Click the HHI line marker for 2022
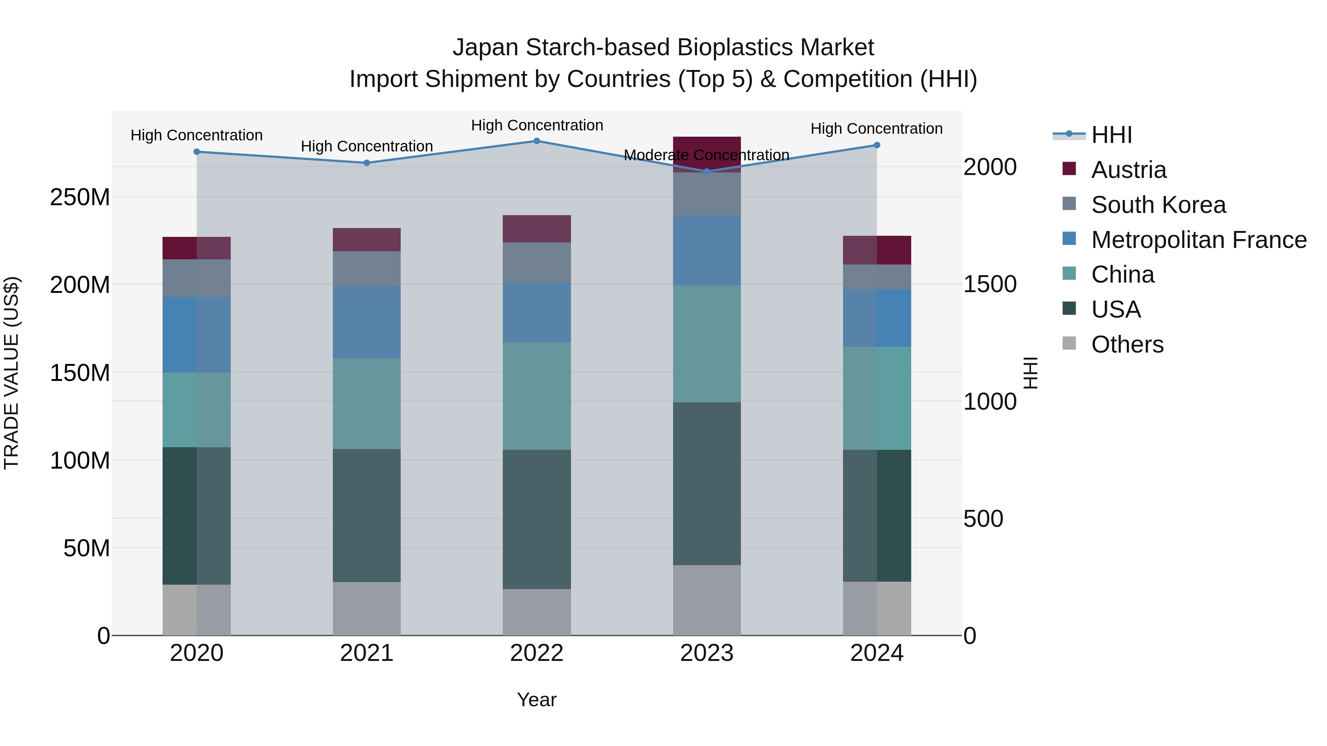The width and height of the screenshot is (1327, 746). tap(536, 141)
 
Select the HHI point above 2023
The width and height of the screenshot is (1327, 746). tap(707, 171)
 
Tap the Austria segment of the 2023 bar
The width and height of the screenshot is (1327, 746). tap(707, 149)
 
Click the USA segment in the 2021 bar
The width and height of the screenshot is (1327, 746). tap(366, 515)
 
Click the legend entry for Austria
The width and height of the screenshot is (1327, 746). tap(1128, 170)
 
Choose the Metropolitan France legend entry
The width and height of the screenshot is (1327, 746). tap(1198, 240)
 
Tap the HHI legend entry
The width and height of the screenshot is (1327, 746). tap(1111, 135)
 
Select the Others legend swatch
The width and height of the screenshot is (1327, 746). tap(1069, 343)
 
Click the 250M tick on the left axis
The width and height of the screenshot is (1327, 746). tap(80, 197)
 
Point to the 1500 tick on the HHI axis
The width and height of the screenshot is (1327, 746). tap(990, 284)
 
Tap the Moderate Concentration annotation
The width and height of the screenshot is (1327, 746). tap(706, 155)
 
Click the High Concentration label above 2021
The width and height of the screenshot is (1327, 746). tap(366, 146)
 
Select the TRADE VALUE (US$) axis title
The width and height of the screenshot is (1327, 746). tap(11, 373)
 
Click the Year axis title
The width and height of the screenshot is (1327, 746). tap(536, 700)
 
